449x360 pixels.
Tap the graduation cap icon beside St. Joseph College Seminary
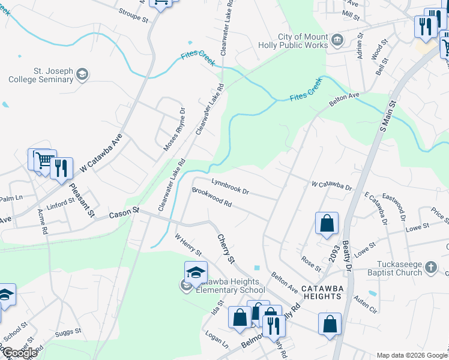click(82, 74)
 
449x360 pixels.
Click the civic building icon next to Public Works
click(337, 40)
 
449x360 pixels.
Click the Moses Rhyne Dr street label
click(174, 129)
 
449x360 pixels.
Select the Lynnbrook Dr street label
click(229, 185)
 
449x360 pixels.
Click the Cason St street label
click(124, 214)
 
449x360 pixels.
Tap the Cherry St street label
click(225, 249)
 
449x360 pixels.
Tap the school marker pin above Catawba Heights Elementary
click(196, 273)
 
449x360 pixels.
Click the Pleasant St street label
click(82, 200)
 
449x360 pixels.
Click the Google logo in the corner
click(20, 353)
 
